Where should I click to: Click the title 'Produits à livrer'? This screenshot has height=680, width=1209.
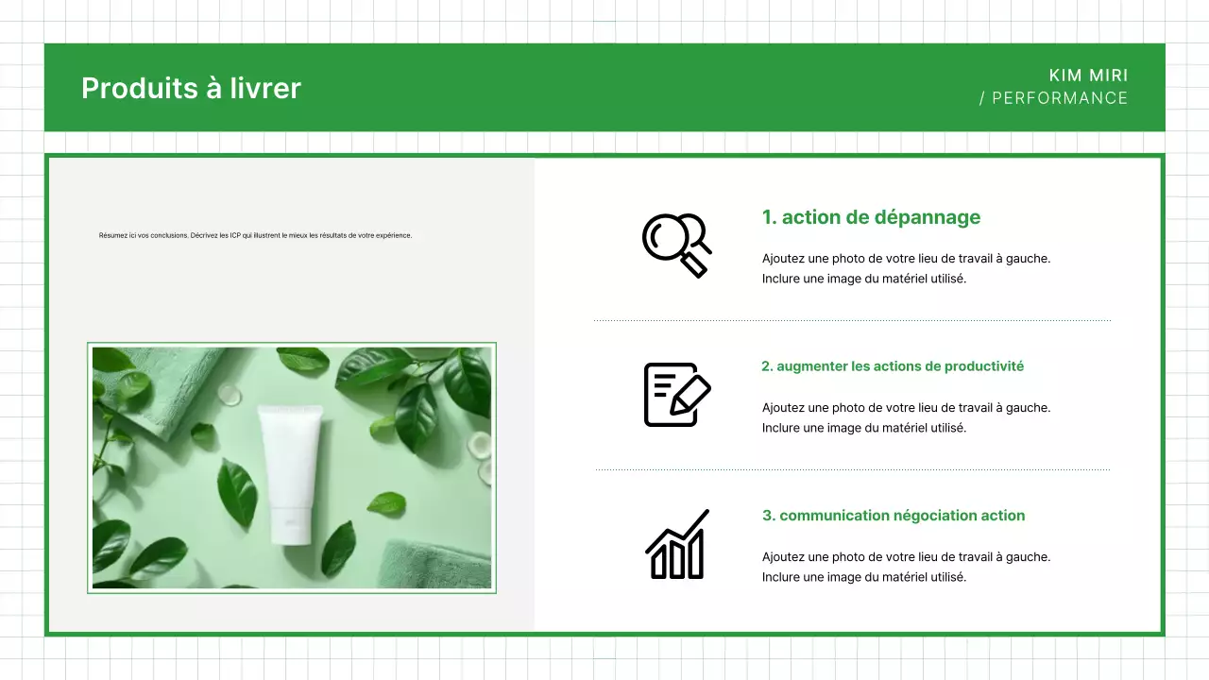191,88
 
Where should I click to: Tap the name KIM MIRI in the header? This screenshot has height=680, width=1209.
1088,76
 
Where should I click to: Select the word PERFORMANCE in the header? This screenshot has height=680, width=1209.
1060,98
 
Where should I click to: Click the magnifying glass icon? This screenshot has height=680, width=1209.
676,245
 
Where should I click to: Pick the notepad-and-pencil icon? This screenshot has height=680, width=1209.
676,394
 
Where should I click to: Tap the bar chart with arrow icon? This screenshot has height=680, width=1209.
677,545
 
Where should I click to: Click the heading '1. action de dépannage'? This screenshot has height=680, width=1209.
871,217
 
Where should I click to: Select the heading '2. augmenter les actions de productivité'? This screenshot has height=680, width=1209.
893,366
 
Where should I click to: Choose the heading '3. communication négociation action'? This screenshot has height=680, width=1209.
893,516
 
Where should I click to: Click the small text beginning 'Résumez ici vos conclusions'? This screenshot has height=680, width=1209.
255,235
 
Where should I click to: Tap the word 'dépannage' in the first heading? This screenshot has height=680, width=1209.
927,217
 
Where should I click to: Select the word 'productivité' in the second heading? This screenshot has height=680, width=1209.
983,366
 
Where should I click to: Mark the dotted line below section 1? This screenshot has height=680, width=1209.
852,321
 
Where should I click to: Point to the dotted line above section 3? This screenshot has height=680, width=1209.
852,469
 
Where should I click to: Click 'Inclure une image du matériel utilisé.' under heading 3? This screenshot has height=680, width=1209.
863,577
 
